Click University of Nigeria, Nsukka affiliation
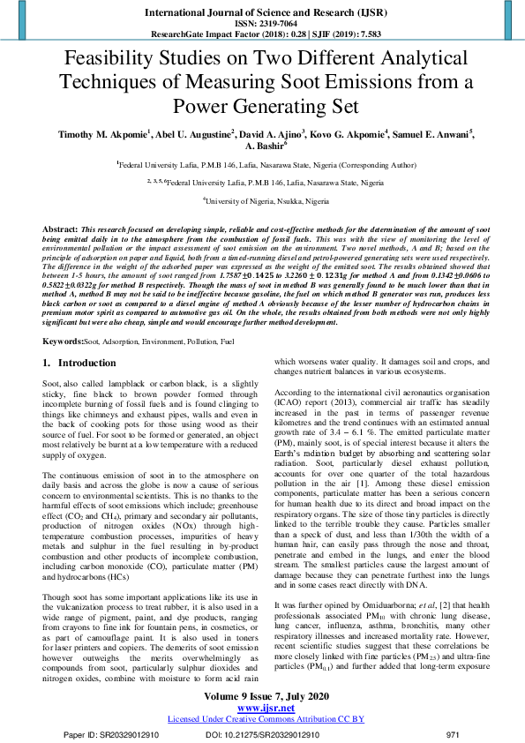coord(263,200)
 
